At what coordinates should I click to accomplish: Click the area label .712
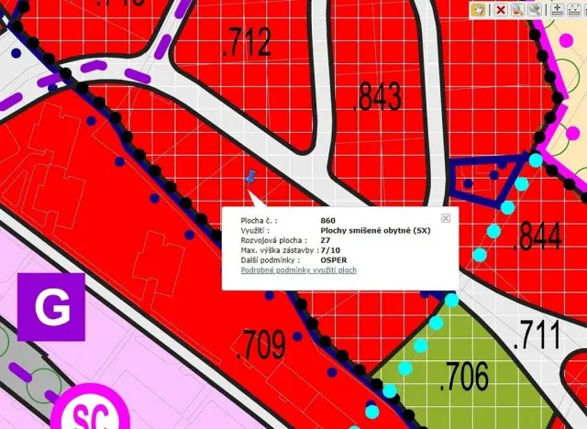point(247,42)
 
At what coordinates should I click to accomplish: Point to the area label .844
point(537,237)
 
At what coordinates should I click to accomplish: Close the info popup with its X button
point(446,218)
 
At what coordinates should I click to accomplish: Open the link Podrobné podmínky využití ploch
point(298,270)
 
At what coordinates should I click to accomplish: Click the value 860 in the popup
point(327,221)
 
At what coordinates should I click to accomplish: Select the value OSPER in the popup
point(335,260)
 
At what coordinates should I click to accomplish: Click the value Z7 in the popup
point(327,240)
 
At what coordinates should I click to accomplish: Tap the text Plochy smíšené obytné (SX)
point(375,230)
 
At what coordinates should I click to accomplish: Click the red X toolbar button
point(501,9)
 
